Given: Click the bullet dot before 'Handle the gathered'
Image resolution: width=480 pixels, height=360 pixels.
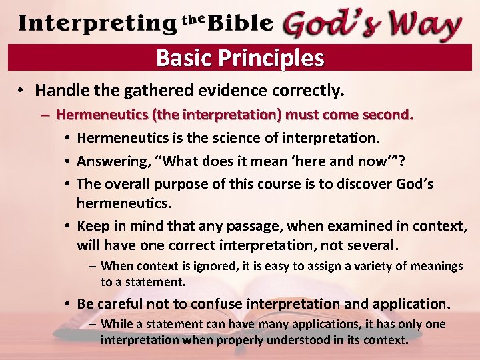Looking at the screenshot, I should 22,90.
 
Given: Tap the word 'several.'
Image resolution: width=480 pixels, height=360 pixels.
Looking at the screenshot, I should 372,246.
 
